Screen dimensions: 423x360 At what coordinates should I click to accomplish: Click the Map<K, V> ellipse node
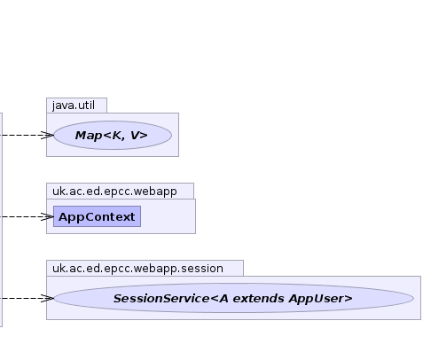coord(113,135)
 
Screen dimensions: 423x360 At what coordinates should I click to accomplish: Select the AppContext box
coord(97,216)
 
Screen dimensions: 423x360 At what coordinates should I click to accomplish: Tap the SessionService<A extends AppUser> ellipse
coord(233,298)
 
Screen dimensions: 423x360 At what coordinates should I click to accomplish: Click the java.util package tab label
coord(74,106)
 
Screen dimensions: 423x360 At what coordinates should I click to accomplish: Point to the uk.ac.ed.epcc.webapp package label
coord(114,192)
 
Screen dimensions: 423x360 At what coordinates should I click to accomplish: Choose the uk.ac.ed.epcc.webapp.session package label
coord(137,269)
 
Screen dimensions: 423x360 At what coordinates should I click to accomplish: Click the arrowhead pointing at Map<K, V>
coord(48,135)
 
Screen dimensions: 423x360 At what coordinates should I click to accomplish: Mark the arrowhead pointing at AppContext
coord(48,216)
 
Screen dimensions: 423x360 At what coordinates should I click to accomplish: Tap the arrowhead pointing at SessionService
coord(48,298)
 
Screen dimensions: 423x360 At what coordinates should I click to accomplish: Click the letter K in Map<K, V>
coord(117,136)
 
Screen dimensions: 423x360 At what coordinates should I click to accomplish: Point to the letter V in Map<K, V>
coord(135,136)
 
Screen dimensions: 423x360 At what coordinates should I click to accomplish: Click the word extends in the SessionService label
coord(259,299)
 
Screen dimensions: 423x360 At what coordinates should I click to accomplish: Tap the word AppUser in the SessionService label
coord(317,299)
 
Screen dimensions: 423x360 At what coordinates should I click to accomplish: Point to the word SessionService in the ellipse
coord(161,299)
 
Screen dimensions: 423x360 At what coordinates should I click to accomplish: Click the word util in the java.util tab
coord(86,106)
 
